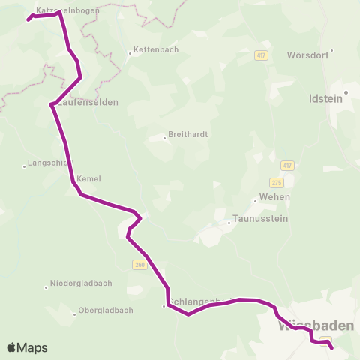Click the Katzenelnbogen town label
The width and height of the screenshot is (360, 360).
67,10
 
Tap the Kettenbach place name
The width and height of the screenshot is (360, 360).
153,51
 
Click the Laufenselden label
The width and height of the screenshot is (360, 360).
87,102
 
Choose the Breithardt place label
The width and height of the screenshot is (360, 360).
188,135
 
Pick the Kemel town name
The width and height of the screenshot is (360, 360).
88,178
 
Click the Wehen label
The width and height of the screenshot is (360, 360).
274,197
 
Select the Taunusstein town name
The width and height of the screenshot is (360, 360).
261,219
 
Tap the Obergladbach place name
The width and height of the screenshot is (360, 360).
106,310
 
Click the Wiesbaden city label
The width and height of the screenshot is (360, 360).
316,327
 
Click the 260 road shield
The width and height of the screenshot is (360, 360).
139,264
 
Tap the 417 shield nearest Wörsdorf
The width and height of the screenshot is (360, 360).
261,55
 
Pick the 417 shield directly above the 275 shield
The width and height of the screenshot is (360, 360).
287,166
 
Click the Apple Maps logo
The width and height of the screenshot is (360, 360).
27,347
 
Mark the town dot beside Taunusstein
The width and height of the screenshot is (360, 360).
229,222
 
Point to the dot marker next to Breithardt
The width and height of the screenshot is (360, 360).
164,137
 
